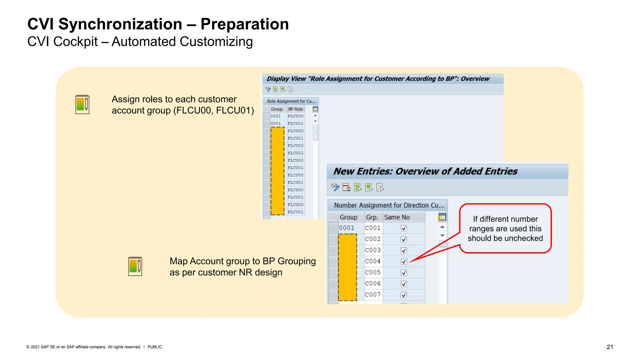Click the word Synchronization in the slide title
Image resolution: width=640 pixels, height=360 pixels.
120,24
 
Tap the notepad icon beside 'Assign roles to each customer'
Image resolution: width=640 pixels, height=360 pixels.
82,104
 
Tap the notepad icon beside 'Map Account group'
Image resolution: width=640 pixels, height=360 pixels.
135,266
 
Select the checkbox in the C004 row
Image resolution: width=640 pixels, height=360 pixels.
404,262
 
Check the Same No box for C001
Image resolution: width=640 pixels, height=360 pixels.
404,228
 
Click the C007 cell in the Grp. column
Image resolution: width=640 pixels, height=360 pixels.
372,295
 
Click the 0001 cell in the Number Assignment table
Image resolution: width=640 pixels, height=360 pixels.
347,228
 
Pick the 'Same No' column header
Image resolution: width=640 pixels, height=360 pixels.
397,217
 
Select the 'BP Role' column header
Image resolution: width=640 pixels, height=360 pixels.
295,109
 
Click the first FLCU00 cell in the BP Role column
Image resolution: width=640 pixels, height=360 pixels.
295,116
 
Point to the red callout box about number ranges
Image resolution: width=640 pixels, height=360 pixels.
505,228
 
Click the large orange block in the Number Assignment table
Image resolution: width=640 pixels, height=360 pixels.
347,267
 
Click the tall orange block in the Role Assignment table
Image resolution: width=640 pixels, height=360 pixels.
277,171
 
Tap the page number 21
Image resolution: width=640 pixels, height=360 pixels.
610,347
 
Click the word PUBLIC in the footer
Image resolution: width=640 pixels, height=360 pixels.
155,347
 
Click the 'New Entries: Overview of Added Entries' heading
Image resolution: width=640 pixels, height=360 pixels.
425,171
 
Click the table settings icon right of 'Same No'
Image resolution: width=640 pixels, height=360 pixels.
442,217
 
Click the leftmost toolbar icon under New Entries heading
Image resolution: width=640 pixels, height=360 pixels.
335,187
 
